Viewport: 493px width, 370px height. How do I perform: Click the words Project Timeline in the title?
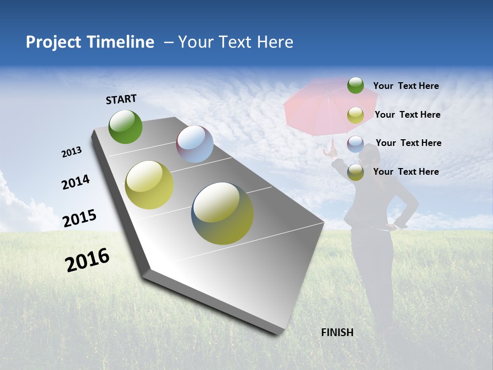point(90,42)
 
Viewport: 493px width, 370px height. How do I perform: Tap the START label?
point(121,99)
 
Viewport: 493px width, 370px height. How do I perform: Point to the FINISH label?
point(337,332)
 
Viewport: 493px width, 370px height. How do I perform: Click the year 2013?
point(71,152)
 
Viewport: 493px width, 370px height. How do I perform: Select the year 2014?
point(75,182)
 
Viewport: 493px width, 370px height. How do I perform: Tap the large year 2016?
point(87,260)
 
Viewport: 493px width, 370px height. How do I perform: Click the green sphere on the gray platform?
point(125,126)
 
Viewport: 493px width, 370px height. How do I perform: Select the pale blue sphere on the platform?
point(195,144)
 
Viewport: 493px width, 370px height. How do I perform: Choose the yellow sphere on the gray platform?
point(149,185)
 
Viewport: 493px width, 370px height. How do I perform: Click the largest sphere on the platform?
point(222,213)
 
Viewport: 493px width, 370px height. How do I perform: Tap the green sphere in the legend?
point(355,85)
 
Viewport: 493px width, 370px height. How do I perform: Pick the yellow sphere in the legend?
point(355,115)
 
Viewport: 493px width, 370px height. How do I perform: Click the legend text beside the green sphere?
point(406,86)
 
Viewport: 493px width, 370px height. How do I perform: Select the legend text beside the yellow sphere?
point(407,115)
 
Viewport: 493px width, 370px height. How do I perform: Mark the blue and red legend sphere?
point(355,144)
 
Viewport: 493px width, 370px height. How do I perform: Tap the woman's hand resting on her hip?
point(400,224)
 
